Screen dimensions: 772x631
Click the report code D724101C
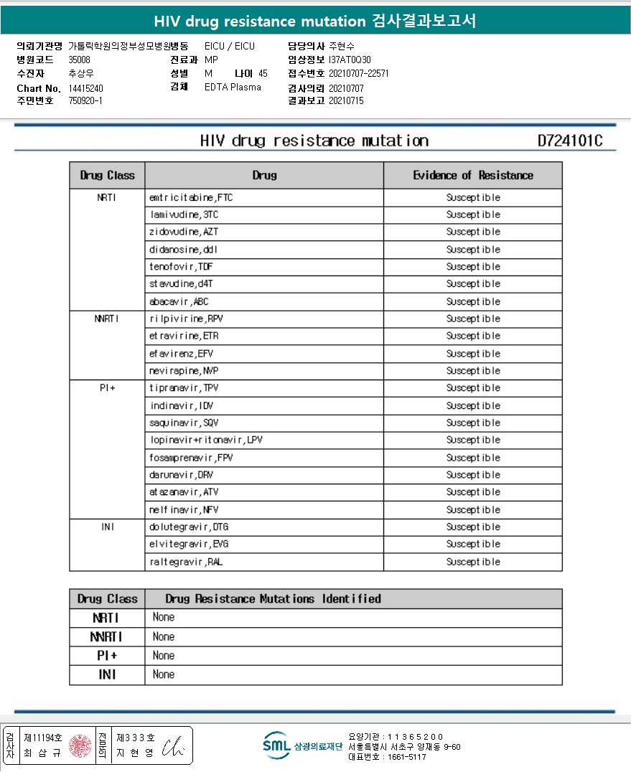tap(569, 141)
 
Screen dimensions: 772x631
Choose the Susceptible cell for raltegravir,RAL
tap(473, 562)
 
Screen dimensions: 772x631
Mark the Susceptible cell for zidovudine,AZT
tap(473, 232)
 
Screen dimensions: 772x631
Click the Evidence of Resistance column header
tap(473, 175)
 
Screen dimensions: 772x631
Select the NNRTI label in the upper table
tap(107, 319)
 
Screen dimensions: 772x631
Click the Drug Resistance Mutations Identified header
tap(273, 598)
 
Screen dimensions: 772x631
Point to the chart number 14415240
tap(85, 88)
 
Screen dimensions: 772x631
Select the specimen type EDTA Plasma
tap(233, 88)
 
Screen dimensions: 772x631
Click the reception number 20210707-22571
tap(358, 73)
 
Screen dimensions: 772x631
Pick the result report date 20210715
tap(346, 101)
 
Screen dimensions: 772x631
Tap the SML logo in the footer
tap(276, 745)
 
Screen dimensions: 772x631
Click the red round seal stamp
tap(80, 746)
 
